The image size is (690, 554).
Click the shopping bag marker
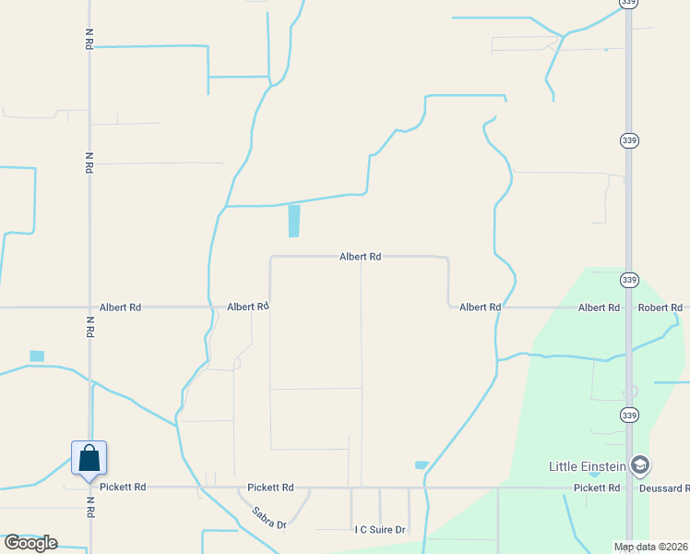(89, 458)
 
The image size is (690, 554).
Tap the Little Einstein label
(588, 465)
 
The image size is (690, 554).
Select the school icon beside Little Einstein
(639, 464)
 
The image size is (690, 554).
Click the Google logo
(30, 543)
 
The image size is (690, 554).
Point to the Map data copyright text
(650, 547)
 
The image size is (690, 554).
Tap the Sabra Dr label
(269, 518)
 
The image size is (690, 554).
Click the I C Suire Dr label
(380, 530)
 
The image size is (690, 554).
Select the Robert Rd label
(660, 307)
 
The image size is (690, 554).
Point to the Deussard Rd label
(662, 488)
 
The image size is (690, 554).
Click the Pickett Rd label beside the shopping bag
(124, 487)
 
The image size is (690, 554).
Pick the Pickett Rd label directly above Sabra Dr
(270, 487)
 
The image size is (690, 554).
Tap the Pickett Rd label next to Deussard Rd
(596, 488)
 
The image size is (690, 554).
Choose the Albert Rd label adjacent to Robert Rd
(599, 307)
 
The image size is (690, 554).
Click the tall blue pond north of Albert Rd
(294, 221)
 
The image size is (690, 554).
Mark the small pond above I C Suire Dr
(422, 464)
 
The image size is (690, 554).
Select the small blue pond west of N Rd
(37, 355)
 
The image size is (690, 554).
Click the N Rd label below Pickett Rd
(89, 508)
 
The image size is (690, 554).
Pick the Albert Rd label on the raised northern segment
(360, 257)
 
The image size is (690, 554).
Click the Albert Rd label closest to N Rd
(120, 307)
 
